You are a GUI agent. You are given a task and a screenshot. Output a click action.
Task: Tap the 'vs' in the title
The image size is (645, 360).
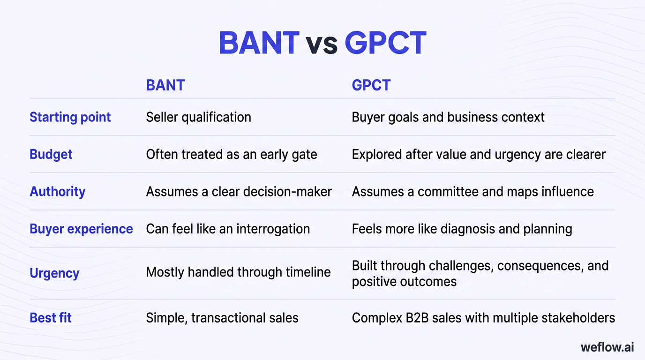point(322,45)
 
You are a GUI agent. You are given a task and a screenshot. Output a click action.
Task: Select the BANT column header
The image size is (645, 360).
point(165,85)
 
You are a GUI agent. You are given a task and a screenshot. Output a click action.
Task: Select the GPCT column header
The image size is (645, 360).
point(371,85)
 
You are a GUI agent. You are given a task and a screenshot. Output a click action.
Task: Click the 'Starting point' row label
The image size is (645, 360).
point(70,117)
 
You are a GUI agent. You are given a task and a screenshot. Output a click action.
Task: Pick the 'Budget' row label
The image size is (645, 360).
point(51,154)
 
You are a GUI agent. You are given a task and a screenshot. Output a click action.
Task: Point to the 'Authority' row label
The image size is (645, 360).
point(58,191)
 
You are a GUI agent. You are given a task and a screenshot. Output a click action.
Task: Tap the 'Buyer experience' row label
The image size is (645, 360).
point(81,229)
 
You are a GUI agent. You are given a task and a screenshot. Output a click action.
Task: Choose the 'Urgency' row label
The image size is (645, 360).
point(54,273)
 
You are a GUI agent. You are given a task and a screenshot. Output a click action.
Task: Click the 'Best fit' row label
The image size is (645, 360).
point(51,317)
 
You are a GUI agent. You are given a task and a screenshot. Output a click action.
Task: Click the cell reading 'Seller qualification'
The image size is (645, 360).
point(198,117)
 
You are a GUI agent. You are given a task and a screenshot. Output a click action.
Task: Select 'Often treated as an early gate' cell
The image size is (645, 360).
point(232,154)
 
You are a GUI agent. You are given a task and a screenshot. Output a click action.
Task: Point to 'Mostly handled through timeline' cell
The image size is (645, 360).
point(238,272)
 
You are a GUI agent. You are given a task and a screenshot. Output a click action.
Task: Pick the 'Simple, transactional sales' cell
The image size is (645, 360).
point(222,317)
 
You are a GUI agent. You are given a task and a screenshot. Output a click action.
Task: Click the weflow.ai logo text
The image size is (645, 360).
point(607,347)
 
